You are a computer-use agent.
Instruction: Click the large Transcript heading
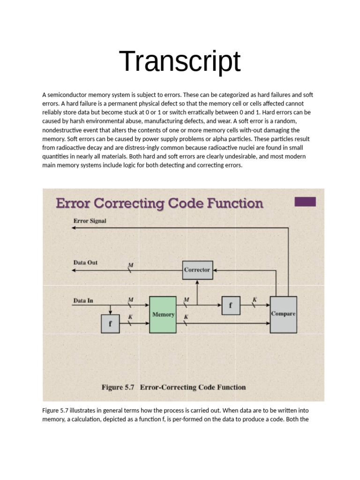180,61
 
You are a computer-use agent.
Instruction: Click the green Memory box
163,315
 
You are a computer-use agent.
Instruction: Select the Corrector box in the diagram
197,270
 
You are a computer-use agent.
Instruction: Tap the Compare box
283,314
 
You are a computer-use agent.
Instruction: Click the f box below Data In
110,323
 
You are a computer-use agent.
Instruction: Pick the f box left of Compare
231,305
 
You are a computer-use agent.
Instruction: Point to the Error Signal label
90,221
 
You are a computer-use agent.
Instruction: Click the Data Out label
85,262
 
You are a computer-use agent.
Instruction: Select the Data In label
83,300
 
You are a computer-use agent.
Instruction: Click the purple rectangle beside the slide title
305,202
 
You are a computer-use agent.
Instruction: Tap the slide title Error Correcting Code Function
159,203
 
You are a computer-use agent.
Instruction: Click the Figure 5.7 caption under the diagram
173,387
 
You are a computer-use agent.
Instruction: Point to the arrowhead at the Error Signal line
74,228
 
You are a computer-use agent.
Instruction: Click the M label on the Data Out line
131,265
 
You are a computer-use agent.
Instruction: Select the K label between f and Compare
255,300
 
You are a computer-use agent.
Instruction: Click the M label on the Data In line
131,299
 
